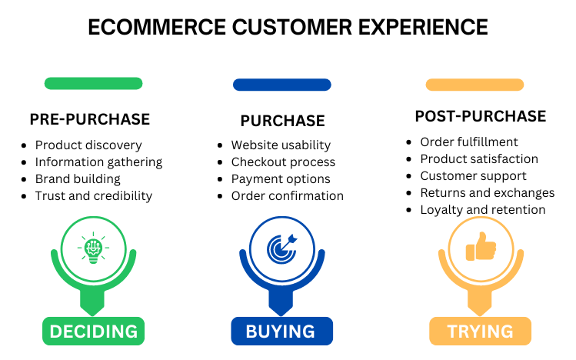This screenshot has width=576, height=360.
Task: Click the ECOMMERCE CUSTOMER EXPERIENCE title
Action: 288,27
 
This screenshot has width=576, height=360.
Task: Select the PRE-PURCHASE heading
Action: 90,119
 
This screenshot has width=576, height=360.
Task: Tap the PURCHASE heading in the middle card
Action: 282,121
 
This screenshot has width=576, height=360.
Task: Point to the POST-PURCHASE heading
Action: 481,117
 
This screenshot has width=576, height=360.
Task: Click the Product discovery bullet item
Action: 88,145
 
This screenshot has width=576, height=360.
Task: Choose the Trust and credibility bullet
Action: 94,195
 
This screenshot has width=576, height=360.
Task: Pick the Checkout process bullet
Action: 283,162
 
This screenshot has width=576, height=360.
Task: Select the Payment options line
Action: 281,178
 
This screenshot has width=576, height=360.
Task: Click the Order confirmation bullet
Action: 288,195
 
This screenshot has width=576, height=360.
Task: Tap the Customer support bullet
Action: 473,175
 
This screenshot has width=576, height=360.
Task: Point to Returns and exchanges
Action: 488,192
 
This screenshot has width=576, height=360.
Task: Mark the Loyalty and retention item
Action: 483,209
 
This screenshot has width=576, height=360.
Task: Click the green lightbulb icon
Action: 93,248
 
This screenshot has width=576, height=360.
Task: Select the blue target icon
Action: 282,248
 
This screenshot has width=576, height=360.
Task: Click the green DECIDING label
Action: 93,331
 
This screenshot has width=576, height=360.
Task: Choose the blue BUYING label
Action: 282,331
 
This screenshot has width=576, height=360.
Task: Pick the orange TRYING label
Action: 481,331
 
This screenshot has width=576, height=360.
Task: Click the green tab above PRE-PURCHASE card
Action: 93,83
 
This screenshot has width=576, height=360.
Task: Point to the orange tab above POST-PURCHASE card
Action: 474,84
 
